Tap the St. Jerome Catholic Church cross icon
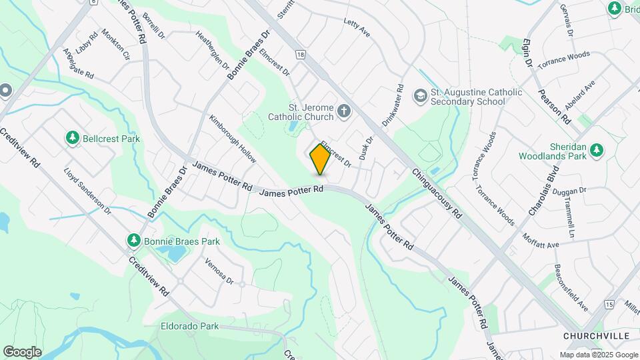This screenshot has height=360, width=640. (x=344, y=111)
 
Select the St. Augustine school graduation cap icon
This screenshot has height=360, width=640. (x=420, y=95)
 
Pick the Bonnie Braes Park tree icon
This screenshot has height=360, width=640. (x=134, y=240)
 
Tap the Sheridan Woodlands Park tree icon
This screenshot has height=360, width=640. (x=597, y=149)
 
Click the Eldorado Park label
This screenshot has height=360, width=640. (x=189, y=327)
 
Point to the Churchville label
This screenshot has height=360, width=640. (x=591, y=335)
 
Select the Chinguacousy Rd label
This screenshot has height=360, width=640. (x=437, y=193)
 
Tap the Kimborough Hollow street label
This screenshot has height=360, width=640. (x=233, y=139)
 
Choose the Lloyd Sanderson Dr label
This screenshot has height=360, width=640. (x=87, y=191)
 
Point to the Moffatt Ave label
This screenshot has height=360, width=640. (x=541, y=241)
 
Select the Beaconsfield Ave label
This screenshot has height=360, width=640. (x=571, y=288)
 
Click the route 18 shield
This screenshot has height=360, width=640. (x=302, y=55)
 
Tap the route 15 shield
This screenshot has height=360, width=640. (x=610, y=304)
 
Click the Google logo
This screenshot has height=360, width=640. (x=22, y=351)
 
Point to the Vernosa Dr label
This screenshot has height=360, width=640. (x=219, y=271)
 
